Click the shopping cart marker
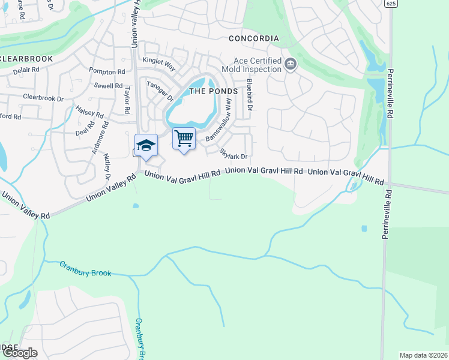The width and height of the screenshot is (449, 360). coord(184,139)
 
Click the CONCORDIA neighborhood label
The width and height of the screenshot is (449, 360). coord(254,38)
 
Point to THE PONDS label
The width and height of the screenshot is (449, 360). coord(214,91)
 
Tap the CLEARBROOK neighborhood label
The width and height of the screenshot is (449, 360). coord(26,59)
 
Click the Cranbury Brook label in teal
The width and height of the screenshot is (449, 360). coord(85,269)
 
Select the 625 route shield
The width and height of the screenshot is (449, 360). coord(391,4)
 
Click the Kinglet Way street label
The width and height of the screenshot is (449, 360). coord(158,61)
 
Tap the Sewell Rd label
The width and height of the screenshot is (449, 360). coord(109,86)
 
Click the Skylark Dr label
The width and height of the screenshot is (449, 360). coord(234,153)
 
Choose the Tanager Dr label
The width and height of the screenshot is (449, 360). coord(160,91)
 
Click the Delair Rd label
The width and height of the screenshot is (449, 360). coord(26,70)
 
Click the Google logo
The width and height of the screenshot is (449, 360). coord(19,353)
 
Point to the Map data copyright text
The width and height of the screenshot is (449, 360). coord(423,355)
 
